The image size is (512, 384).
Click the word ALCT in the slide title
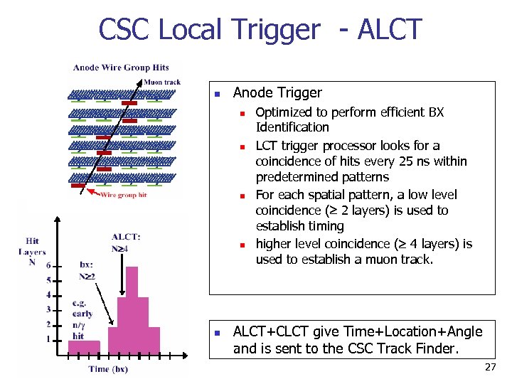[x=390, y=30]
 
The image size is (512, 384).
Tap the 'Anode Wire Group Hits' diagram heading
[x=121, y=68]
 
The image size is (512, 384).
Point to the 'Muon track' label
[x=162, y=82]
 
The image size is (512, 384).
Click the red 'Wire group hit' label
[x=123, y=195]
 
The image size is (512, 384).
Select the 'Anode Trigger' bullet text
[x=277, y=92]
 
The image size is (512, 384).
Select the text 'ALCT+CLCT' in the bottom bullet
[x=268, y=331]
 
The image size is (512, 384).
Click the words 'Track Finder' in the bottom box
[x=420, y=348]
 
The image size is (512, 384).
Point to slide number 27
[x=490, y=367]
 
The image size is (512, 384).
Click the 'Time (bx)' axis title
[x=108, y=369]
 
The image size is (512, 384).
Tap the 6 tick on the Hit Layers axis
[x=48, y=265]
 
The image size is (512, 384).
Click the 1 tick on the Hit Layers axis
[x=48, y=339]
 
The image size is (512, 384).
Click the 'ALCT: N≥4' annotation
[x=126, y=242]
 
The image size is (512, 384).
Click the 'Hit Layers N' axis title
[x=32, y=251]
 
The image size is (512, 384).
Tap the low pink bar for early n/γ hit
[x=85, y=346]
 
